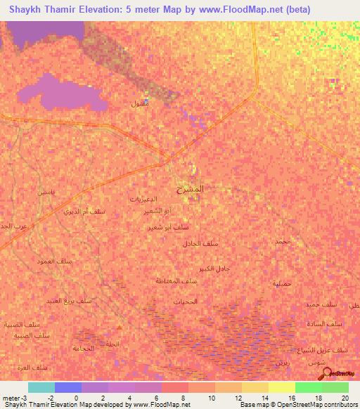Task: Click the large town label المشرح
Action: (191, 189)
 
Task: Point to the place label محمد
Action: (282, 241)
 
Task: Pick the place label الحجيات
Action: (206, 301)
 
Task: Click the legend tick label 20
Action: (345, 397)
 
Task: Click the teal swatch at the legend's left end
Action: (41, 387)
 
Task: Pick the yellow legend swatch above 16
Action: (281, 387)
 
